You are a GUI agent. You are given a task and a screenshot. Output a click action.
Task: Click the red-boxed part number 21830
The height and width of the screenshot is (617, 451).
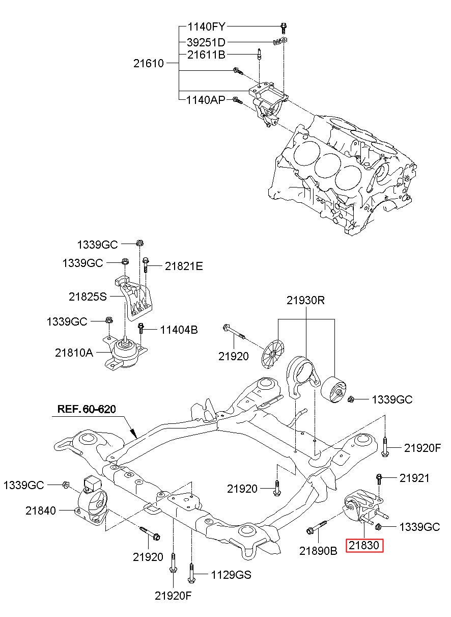(364, 545)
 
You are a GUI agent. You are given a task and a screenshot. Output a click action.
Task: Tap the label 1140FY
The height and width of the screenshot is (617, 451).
(206, 26)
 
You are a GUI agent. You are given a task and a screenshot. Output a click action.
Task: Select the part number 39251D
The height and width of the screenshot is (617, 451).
(206, 42)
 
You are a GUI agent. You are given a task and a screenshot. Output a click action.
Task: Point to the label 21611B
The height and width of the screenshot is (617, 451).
(206, 55)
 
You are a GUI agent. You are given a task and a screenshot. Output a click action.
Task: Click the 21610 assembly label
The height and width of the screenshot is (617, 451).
(149, 64)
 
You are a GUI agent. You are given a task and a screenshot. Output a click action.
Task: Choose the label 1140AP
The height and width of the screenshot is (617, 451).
(206, 100)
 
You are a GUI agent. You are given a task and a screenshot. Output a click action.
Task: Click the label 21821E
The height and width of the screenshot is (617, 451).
(184, 266)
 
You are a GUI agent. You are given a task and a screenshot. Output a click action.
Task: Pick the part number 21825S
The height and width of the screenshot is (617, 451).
(88, 297)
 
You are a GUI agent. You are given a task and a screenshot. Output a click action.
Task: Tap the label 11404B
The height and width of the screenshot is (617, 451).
(179, 330)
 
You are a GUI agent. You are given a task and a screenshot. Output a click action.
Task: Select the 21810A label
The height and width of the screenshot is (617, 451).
(74, 353)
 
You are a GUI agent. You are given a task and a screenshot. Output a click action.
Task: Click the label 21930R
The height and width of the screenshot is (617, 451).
(306, 301)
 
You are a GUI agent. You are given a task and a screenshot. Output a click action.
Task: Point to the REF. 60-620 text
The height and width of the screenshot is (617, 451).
(87, 409)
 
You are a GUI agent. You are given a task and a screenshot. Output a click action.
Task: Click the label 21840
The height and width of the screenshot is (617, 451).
(41, 511)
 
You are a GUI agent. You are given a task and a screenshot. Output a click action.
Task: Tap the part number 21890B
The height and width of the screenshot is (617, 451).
(318, 551)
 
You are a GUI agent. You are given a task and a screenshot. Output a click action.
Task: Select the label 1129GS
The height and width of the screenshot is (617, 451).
(231, 575)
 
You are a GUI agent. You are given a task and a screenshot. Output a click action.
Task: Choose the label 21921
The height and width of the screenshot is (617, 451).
(414, 478)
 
